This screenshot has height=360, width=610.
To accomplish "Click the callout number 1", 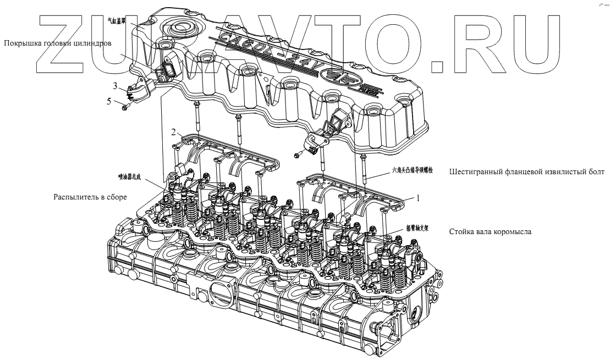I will [x=418, y=198].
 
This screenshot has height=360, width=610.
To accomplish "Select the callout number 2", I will [x=173, y=132].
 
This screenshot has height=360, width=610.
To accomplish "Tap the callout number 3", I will [x=116, y=86].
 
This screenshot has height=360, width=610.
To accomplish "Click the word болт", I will [x=596, y=172].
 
